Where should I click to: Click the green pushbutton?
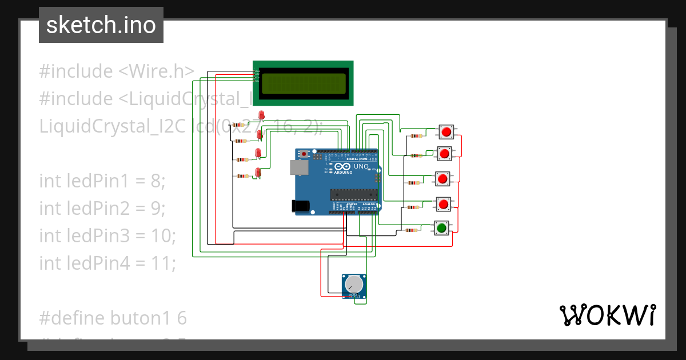click(441, 228)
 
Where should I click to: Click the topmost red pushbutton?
click(445, 132)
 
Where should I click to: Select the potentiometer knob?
click(355, 283)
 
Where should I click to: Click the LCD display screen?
click(303, 84)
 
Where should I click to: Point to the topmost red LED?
click(262, 115)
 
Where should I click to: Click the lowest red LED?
click(258, 172)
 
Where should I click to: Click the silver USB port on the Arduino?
click(297, 167)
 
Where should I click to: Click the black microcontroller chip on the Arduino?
click(353, 194)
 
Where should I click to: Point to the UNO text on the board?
click(361, 166)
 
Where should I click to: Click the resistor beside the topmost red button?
click(416, 136)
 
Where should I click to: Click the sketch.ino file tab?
click(101, 25)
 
